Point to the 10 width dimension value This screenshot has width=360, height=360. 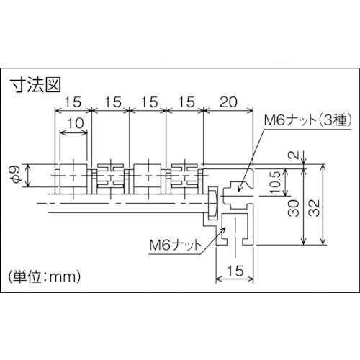tap(73, 124)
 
